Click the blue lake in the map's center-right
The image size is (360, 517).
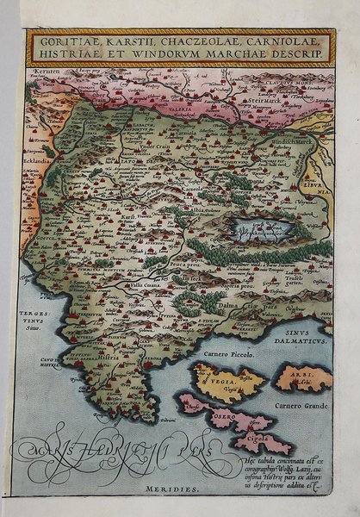click(x=258, y=229)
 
